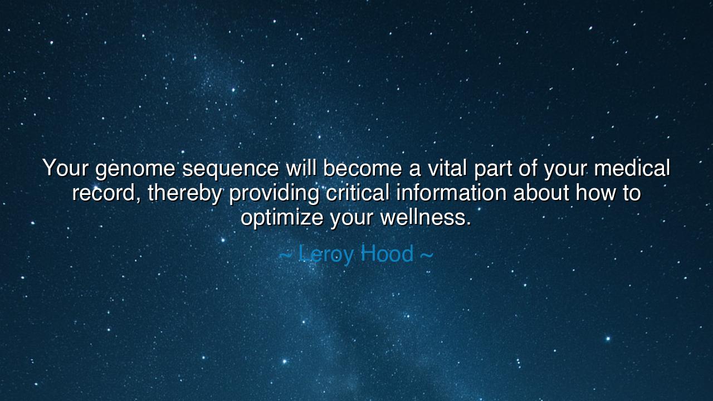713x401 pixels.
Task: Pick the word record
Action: click(106, 193)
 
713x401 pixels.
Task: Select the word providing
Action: click(274, 194)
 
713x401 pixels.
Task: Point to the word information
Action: click(451, 193)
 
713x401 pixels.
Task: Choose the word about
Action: click(541, 193)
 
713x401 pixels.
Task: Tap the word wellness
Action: click(426, 217)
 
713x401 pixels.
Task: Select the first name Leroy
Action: click(326, 254)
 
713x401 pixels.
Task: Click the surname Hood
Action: click(387, 254)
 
